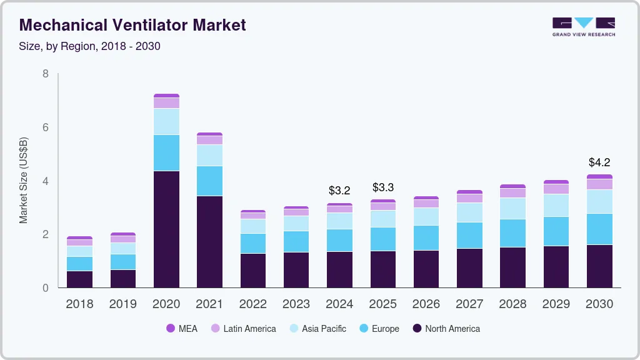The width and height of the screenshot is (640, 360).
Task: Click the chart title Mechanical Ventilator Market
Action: [132, 25]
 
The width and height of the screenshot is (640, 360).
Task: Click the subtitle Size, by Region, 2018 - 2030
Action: [90, 46]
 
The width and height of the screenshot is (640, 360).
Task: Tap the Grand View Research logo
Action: [583, 26]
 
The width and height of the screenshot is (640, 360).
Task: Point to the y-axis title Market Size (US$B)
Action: [24, 180]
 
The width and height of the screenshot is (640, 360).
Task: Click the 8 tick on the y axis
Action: [45, 74]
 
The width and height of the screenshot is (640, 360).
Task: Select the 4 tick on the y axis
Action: [45, 181]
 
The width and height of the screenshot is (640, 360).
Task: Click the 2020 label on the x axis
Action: [166, 304]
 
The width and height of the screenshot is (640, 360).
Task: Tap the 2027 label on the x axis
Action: [469, 304]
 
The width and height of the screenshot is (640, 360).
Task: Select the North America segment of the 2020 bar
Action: [166, 229]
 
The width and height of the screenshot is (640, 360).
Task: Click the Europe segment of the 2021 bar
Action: [209, 181]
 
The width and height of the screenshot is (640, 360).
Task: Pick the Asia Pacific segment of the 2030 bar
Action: [599, 201]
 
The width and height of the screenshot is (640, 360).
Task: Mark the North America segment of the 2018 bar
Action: [79, 279]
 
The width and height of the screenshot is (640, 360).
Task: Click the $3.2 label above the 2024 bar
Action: [339, 190]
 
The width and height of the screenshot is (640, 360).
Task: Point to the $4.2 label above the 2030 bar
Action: [599, 162]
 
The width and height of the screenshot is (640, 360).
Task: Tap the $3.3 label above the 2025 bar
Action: [382, 187]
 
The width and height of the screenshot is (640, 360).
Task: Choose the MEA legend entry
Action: [181, 328]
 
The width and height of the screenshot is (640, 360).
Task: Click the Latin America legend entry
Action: [242, 328]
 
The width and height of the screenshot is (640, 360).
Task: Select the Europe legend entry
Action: [378, 328]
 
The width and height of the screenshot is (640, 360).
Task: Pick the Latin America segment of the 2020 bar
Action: [166, 103]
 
